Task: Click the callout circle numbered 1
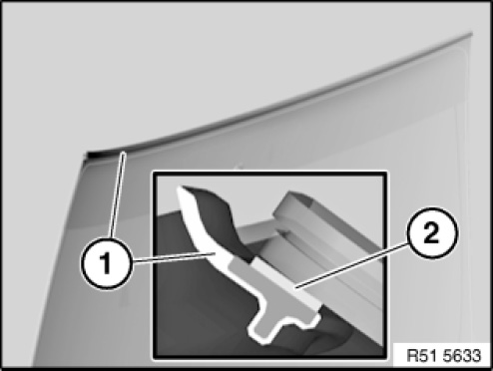pyautogui.click(x=107, y=263)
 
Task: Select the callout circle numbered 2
pyautogui.click(x=432, y=233)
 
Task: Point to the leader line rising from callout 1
pyautogui.click(x=118, y=194)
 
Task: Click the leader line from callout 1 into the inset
pyautogui.click(x=174, y=258)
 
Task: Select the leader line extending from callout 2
pyautogui.click(x=351, y=265)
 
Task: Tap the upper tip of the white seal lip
pyautogui.click(x=180, y=188)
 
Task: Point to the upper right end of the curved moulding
pyautogui.click(x=471, y=33)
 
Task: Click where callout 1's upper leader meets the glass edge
pyautogui.click(x=124, y=153)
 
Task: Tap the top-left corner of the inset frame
pyautogui.click(x=154, y=174)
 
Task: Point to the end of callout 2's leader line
pyautogui.click(x=296, y=288)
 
